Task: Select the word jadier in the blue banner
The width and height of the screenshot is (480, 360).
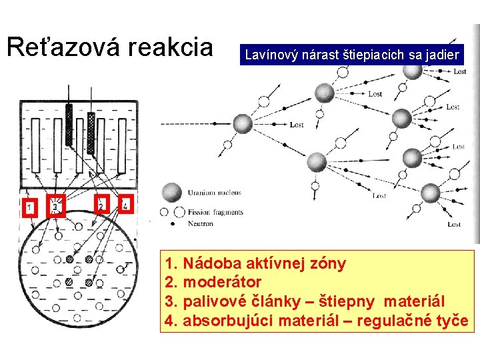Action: click(x=442, y=55)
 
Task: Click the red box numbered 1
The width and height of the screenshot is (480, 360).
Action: click(x=29, y=207)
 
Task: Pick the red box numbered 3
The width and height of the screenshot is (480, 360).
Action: click(x=55, y=205)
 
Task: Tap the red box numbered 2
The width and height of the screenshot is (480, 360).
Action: click(x=101, y=205)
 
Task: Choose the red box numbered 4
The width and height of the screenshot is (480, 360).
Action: click(x=125, y=204)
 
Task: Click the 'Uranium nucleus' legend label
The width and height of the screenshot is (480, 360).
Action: click(x=214, y=193)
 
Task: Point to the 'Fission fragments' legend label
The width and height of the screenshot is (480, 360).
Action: click(x=215, y=213)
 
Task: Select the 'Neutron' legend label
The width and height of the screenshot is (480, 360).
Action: click(x=201, y=224)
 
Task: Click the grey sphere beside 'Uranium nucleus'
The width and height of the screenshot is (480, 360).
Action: click(x=171, y=193)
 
